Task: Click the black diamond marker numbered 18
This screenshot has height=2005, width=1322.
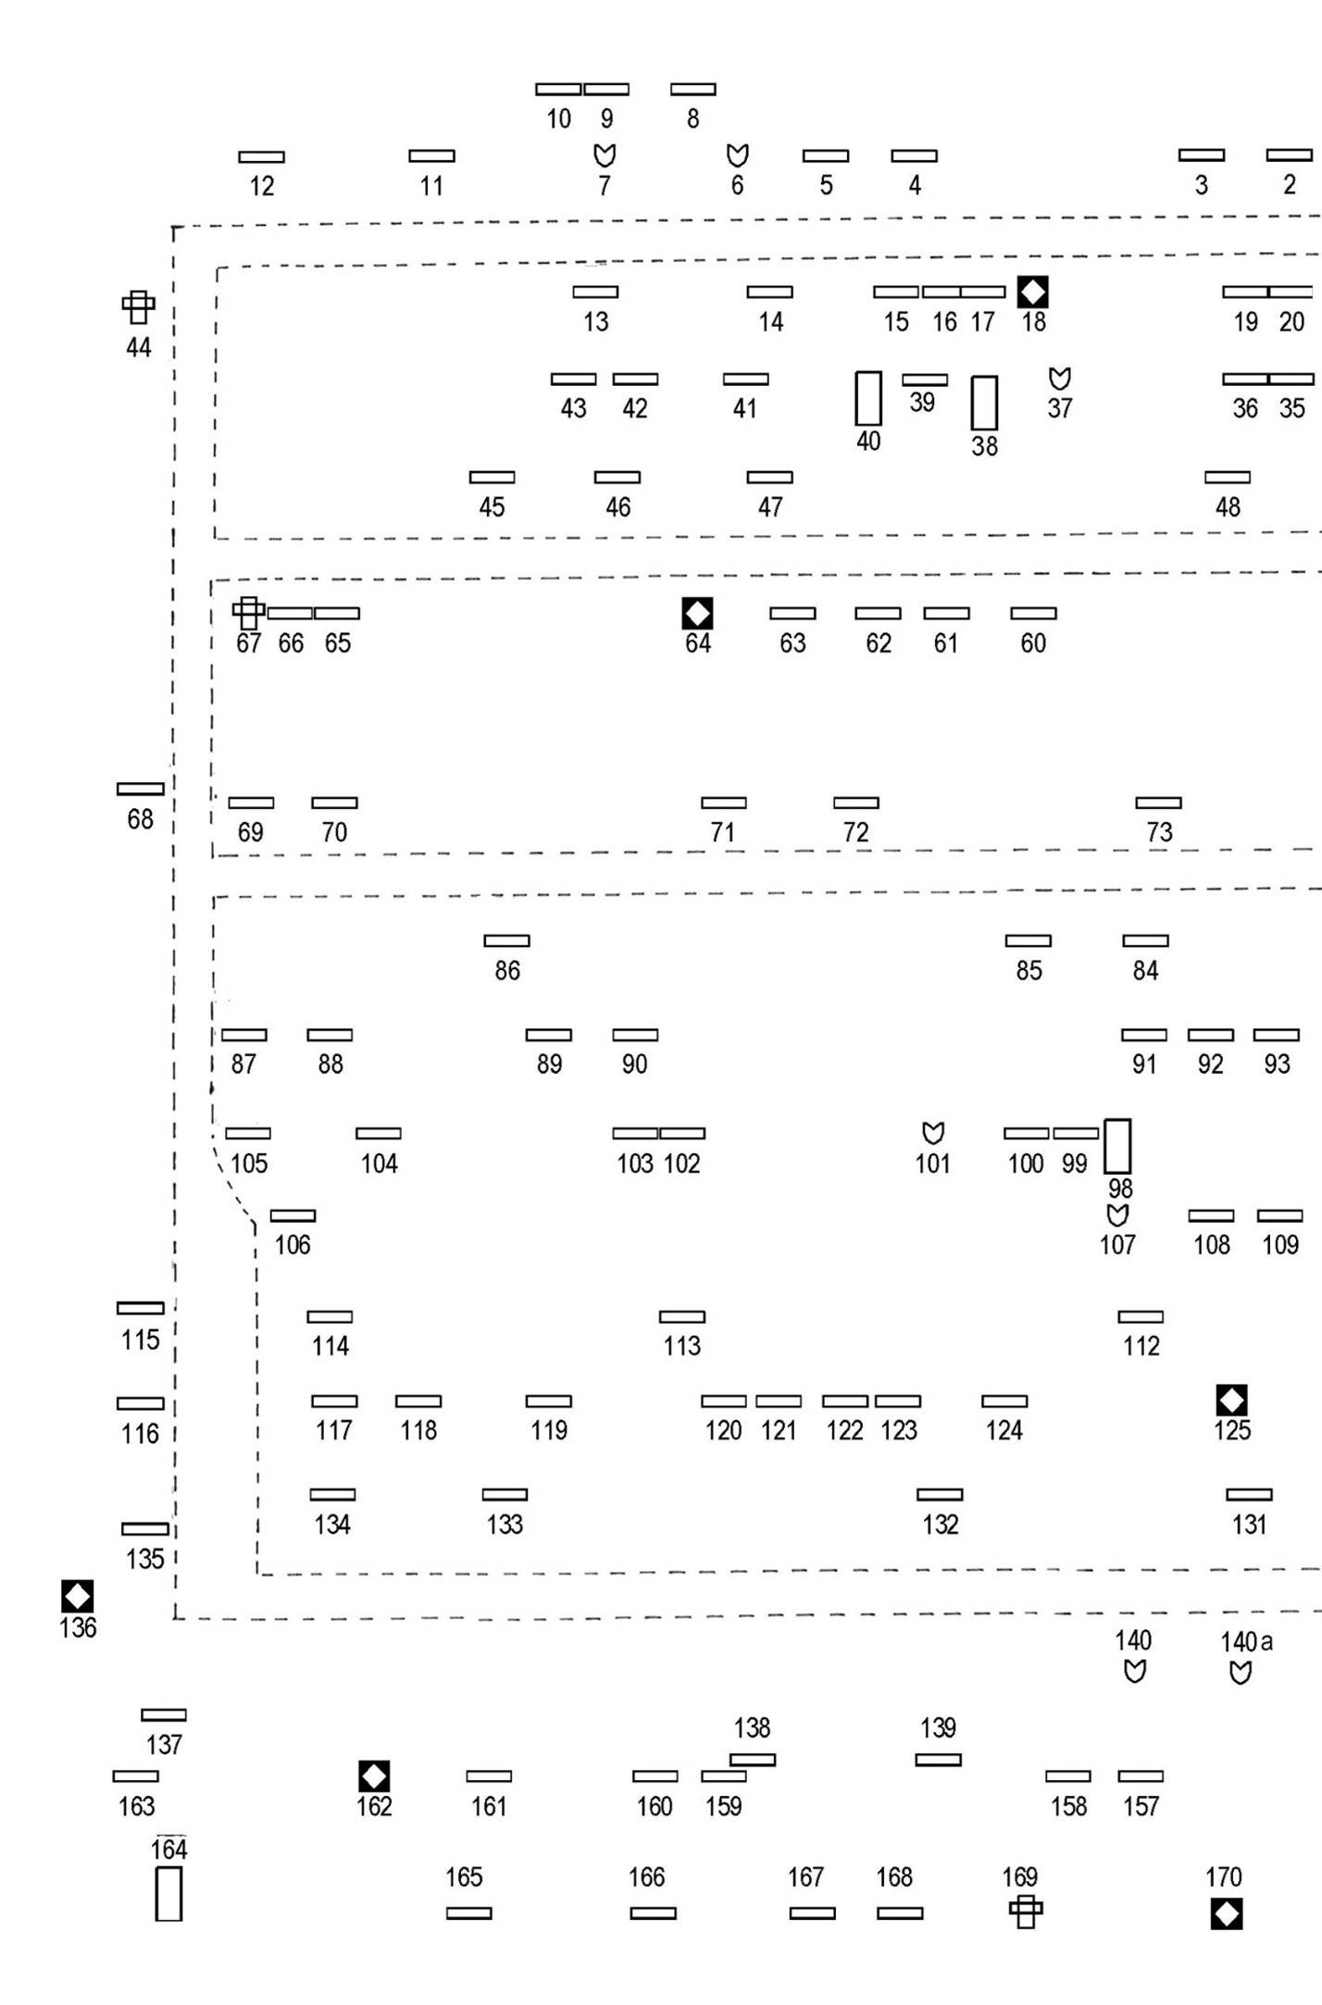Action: (1032, 292)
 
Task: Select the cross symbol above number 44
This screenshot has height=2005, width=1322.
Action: (138, 307)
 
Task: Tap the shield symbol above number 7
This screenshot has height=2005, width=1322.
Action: (605, 155)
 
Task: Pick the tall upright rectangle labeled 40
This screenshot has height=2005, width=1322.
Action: (868, 398)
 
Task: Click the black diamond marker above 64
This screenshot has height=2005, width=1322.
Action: (697, 613)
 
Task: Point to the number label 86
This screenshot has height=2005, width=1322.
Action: (507, 970)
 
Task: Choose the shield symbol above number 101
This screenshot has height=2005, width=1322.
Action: (933, 1133)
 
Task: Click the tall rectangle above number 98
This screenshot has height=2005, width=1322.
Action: (1117, 1146)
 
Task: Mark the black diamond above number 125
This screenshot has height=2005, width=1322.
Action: (1231, 1400)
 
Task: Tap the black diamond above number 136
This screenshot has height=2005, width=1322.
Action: (77, 1596)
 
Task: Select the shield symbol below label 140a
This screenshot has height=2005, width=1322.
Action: (1241, 1672)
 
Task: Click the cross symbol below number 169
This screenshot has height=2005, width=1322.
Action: (1026, 1912)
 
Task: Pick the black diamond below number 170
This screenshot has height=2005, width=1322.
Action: (1227, 1913)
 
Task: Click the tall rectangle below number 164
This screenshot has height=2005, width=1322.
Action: (168, 1894)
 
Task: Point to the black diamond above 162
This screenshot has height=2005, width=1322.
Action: (374, 1776)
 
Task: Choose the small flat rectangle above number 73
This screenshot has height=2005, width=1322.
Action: (1159, 803)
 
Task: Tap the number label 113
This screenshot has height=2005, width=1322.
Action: (682, 1346)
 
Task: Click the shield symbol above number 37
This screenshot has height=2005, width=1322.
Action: (1060, 379)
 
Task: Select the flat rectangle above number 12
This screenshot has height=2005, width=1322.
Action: (262, 157)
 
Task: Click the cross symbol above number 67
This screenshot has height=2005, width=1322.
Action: (248, 613)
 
